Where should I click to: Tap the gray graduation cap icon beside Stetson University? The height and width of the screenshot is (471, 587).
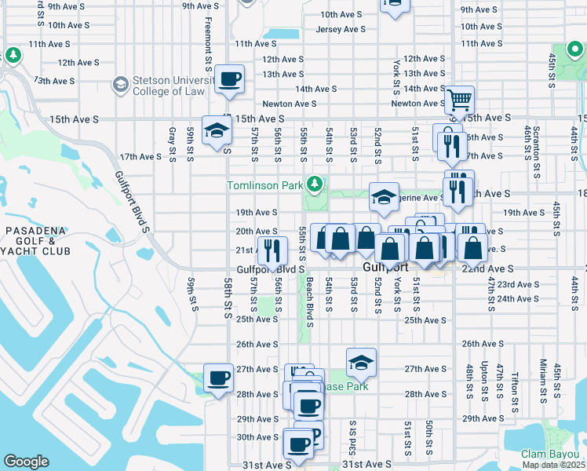click(x=120, y=83)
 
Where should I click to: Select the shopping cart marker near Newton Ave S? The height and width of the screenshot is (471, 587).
click(x=459, y=100)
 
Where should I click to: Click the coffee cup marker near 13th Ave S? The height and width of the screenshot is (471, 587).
click(x=229, y=78)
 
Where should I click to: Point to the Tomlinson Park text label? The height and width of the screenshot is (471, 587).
click(x=265, y=186)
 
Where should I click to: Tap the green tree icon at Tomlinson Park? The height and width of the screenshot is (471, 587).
click(x=315, y=184)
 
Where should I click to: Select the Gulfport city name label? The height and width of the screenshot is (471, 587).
click(x=392, y=268)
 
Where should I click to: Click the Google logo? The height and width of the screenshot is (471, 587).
click(x=26, y=462)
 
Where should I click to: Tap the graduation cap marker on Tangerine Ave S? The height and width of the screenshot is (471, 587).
click(x=382, y=197)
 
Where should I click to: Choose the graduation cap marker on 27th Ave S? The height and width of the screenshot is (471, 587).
click(x=361, y=362)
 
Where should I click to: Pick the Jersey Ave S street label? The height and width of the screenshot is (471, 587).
click(x=341, y=29)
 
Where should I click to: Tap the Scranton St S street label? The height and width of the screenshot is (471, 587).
click(x=536, y=141)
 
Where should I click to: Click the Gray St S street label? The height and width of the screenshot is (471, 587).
click(x=171, y=145)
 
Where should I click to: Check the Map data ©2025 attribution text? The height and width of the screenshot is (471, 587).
click(x=553, y=465)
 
